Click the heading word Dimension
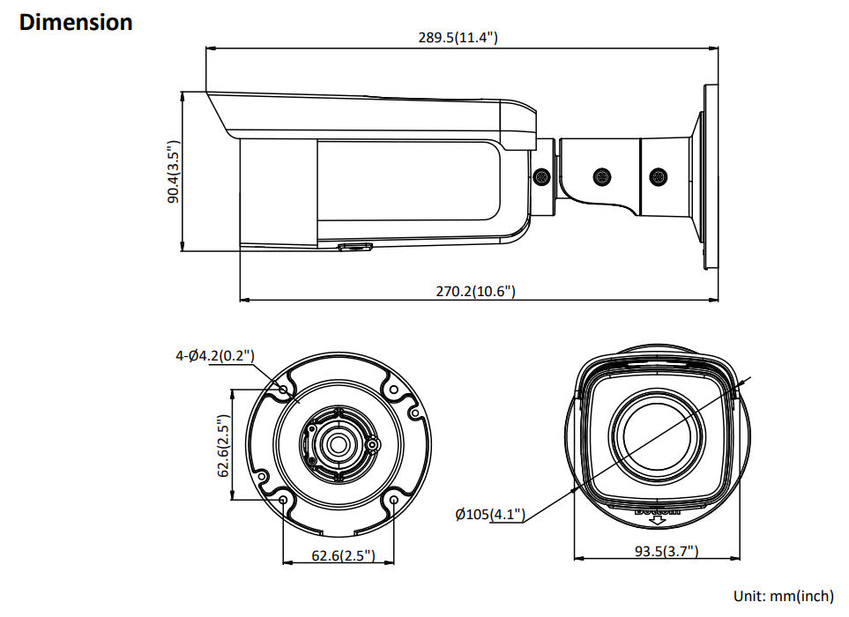[x=76, y=22]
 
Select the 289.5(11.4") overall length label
[x=458, y=37]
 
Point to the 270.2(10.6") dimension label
[x=474, y=291]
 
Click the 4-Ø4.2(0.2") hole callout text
[x=215, y=356]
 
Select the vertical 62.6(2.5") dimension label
[x=224, y=446]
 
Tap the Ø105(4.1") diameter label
[x=490, y=514]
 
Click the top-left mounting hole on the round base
[x=283, y=389]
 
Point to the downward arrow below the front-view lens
[x=657, y=522]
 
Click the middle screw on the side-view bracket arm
[x=601, y=176]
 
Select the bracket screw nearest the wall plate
[x=657, y=176]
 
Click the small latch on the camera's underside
[x=354, y=247]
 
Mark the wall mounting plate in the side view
[x=710, y=176]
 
